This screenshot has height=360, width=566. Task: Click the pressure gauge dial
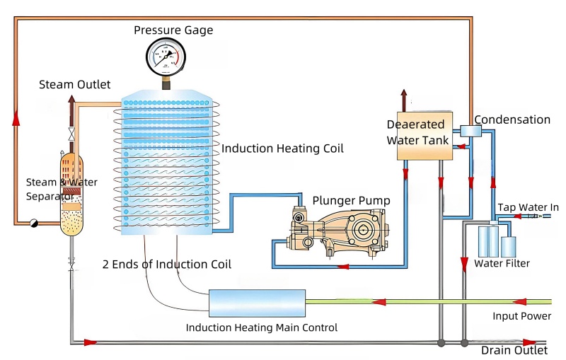167,57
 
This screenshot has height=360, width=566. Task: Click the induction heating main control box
257,302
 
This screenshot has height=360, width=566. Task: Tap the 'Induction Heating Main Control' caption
262,327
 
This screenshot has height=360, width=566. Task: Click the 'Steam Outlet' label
74,84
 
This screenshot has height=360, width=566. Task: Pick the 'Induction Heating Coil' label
282,149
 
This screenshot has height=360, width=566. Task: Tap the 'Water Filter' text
502,264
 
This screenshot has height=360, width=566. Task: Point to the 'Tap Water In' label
528,207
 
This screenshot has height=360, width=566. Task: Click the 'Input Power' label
521,315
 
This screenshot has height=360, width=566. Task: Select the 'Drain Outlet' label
514,350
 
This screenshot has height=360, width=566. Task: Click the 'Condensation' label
512,120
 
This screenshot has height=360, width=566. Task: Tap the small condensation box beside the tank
468,130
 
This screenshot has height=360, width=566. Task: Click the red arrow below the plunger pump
344,267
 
